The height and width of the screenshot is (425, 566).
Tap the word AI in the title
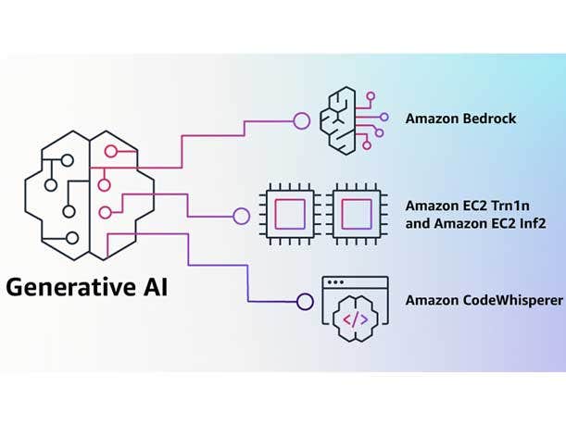pos(157,287)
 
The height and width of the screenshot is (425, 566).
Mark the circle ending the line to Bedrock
pos(300,120)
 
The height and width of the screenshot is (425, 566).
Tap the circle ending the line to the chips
pos(241,217)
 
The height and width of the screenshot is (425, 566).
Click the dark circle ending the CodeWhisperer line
pos(305,301)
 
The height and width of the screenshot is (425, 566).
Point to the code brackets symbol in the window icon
pos(356,319)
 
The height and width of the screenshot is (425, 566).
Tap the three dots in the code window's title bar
pos(335,281)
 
